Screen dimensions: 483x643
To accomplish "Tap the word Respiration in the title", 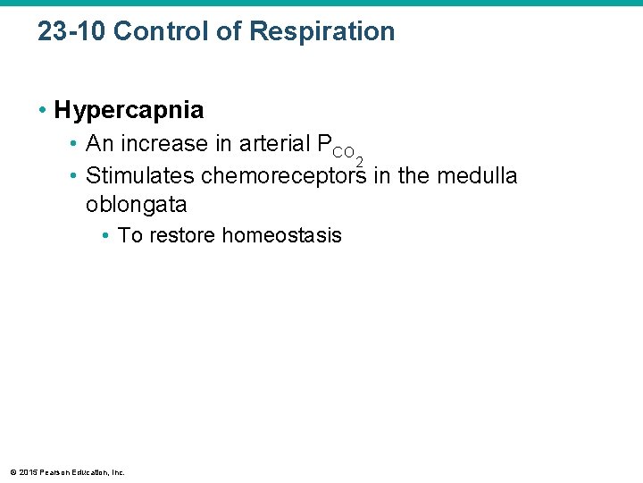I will (x=321, y=31).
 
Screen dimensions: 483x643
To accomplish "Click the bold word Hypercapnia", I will (x=129, y=110).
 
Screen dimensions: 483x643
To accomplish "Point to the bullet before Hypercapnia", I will (x=43, y=111).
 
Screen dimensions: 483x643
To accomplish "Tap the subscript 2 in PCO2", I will (x=359, y=160).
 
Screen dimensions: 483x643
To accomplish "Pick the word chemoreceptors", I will (x=284, y=175).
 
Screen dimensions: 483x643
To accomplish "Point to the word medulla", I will (x=477, y=175).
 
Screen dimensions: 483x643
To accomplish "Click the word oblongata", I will (x=136, y=205).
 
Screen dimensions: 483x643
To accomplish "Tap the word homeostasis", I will (x=281, y=235).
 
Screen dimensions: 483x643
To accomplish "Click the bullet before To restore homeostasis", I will (x=105, y=236).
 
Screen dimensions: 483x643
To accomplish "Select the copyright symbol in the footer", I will (x=12, y=471).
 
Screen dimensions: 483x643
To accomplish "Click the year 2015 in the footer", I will (x=26, y=471).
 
